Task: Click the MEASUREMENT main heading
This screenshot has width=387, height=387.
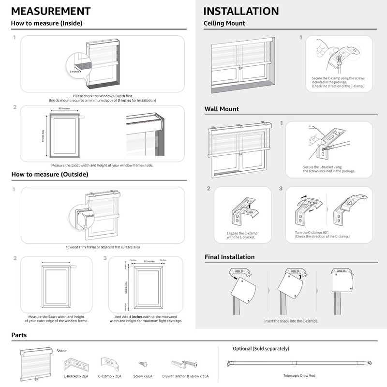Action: point(50,11)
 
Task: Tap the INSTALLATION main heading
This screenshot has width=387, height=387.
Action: point(241,11)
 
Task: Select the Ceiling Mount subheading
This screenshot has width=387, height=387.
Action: point(224,23)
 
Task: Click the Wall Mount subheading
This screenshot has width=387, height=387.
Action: point(222,109)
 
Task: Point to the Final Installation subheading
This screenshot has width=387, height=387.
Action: point(229,257)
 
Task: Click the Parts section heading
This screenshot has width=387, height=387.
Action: point(19,335)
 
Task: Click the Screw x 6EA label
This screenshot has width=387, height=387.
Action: point(143,375)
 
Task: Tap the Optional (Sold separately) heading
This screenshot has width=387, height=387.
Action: point(260,348)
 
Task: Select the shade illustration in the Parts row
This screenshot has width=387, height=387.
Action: point(36,363)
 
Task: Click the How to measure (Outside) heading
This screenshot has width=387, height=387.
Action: point(50,174)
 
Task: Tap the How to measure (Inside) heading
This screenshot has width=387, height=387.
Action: point(46,23)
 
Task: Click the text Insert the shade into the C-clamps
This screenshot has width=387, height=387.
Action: point(291,321)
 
